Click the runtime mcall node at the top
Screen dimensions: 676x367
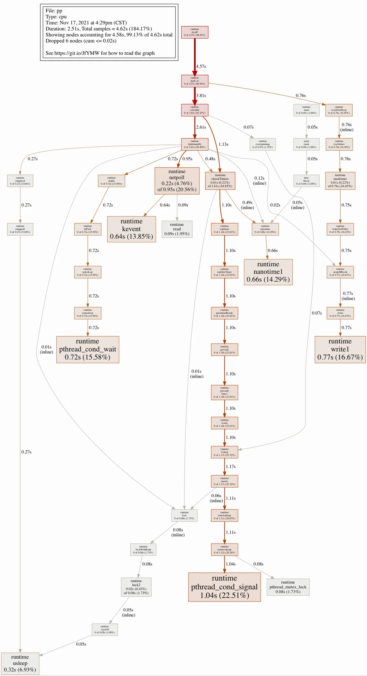[195, 32]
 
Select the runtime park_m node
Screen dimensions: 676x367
[195, 81]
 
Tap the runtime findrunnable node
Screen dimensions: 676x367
[195, 144]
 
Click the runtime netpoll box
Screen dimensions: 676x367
[177, 181]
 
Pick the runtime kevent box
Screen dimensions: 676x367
[132, 229]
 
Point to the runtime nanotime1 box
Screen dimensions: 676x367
[268, 272]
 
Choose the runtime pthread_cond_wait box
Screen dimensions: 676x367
[87, 349]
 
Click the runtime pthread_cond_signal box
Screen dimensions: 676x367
[224, 587]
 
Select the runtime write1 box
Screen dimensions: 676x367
[340, 349]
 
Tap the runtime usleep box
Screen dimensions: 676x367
[20, 663]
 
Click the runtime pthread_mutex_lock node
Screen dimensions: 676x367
[288, 587]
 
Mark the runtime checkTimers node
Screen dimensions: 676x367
[220, 181]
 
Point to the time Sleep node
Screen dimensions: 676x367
[306, 181]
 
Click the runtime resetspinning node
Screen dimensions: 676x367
[262, 144]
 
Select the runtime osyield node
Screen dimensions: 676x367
[105, 629]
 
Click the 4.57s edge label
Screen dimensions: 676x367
[201, 66]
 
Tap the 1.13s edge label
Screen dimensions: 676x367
[223, 144]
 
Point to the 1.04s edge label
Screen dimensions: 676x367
[231, 564]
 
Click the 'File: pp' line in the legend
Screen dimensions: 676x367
[54, 11]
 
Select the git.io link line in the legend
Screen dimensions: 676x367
[100, 53]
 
